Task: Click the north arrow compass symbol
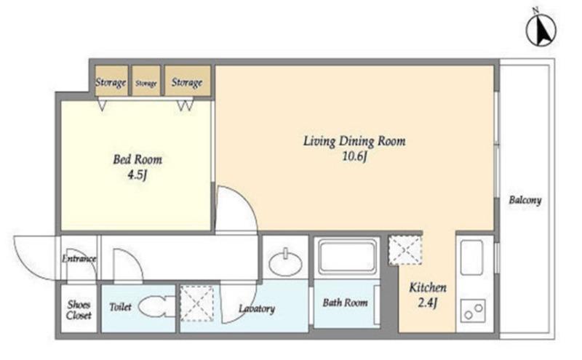[541, 31]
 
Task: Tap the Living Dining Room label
[354, 141]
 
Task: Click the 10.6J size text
[354, 156]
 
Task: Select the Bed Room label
[137, 159]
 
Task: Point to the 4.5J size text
[137, 175]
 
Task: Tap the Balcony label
[525, 201]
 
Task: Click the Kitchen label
[428, 287]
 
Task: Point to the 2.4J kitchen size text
[428, 303]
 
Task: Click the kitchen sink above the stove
[471, 257]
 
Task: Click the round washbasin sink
[285, 263]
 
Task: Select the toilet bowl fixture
[156, 306]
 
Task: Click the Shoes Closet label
[79, 311]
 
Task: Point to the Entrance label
[79, 259]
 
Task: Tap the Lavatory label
[257, 309]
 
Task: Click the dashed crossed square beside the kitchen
[405, 250]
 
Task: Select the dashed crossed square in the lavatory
[197, 303]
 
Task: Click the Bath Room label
[345, 303]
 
